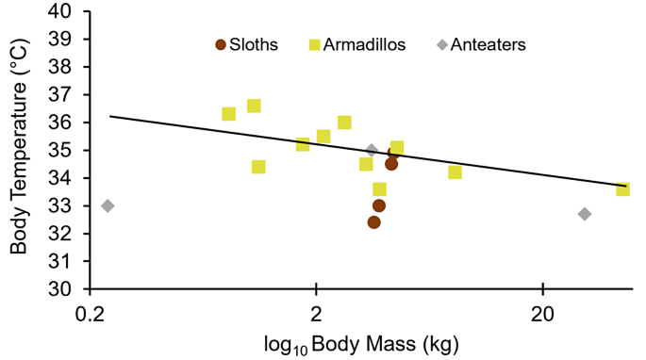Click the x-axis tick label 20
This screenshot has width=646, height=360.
point(542,311)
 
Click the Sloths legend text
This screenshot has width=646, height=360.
point(255,44)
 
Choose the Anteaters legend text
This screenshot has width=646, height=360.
point(488,44)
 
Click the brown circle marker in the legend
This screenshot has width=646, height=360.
point(221,44)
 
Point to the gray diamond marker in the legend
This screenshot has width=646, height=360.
point(440,44)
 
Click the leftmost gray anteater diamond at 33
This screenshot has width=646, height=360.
point(108,205)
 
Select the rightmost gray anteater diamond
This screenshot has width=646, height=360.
point(585,214)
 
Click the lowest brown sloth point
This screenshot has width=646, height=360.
point(374,222)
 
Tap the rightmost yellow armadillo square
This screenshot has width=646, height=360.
point(622,189)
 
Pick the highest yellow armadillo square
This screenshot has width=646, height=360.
point(254,106)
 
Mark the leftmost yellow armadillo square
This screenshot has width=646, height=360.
point(228,114)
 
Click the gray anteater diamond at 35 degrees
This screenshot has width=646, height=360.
point(372,150)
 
